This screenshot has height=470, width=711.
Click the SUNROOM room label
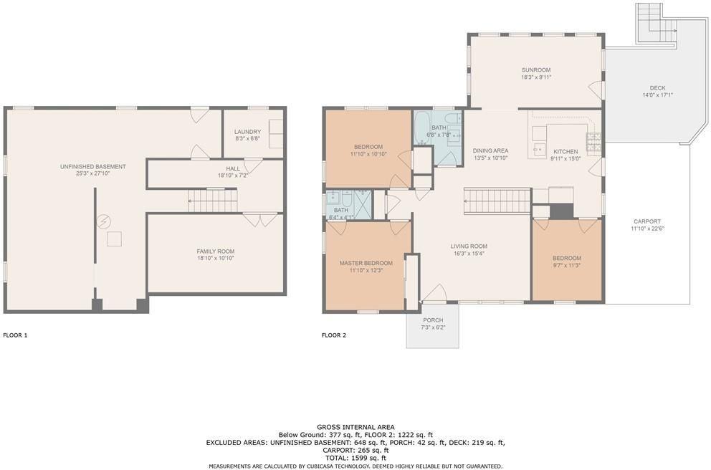(535, 69)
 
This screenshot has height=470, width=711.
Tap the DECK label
(657, 88)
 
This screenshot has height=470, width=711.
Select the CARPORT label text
(646, 221)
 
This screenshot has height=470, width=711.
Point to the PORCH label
(433, 320)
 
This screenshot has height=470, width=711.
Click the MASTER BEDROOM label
(366, 263)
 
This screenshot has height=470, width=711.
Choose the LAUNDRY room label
(247, 132)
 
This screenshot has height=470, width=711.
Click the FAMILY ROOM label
(215, 251)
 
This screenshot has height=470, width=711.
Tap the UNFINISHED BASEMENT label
(93, 167)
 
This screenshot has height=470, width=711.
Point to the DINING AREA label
(491, 150)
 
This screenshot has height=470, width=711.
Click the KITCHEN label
(565, 152)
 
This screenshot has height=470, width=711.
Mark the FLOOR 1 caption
(16, 335)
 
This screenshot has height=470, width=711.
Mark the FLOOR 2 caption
(334, 335)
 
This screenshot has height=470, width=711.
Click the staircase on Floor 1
(212, 201)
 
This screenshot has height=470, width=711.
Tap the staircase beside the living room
(497, 201)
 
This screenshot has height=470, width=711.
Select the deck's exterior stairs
(656, 21)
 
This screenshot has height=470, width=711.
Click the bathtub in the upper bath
(422, 128)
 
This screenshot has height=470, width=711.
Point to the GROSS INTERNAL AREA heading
(355, 427)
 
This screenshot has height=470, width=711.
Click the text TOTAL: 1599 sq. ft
(355, 458)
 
